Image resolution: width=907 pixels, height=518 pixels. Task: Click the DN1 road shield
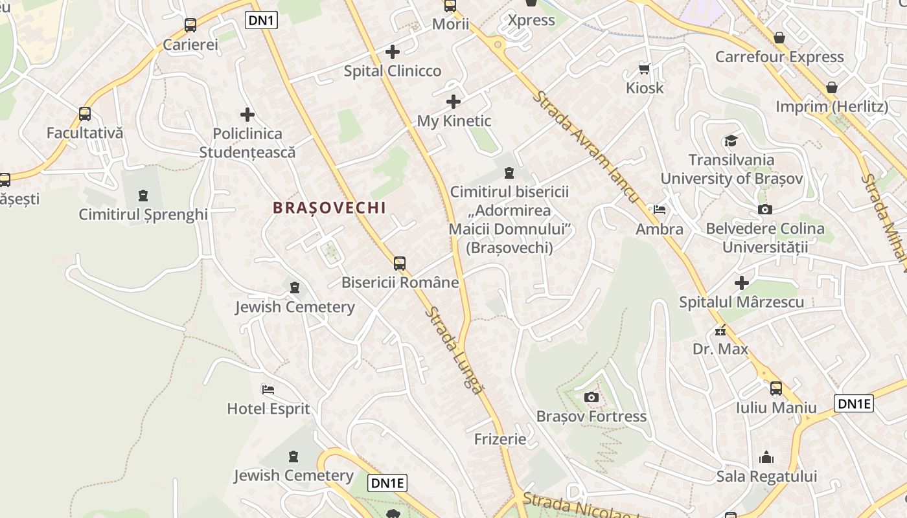click(x=262, y=21)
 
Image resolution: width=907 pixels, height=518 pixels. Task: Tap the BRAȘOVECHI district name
click(x=329, y=208)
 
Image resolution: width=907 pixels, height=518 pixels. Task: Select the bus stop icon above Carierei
click(x=190, y=25)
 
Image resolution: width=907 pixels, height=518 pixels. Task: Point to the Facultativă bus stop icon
click(x=85, y=114)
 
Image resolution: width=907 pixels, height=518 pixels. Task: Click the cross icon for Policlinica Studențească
click(x=247, y=115)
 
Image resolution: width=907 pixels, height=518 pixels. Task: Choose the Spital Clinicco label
click(x=392, y=71)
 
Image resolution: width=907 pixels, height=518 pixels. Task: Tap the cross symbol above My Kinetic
click(x=454, y=101)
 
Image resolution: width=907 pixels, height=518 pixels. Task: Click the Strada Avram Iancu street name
click(x=587, y=147)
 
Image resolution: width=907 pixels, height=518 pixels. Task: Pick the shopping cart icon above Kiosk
click(x=644, y=68)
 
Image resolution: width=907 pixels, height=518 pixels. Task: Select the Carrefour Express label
click(x=779, y=57)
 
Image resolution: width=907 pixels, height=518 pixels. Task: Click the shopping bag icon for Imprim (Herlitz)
click(x=832, y=87)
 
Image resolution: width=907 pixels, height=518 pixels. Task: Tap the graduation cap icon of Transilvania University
click(x=731, y=141)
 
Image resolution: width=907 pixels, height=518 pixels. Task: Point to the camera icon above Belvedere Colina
click(x=764, y=209)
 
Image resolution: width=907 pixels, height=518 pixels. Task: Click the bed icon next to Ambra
click(x=659, y=209)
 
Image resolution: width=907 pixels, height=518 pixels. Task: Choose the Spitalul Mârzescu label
click(x=741, y=302)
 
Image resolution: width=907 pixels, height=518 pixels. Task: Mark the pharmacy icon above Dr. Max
click(x=720, y=331)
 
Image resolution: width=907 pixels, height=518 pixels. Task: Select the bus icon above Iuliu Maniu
click(x=775, y=388)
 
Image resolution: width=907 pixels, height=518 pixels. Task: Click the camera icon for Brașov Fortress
click(x=591, y=397)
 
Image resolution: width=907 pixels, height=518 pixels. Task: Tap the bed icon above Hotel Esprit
click(x=268, y=389)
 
